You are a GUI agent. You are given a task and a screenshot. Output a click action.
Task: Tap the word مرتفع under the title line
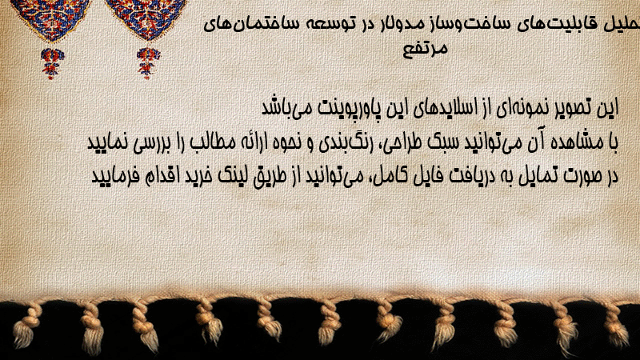pos(426,49)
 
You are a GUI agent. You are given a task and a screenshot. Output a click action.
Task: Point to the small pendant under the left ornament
pos(52,63)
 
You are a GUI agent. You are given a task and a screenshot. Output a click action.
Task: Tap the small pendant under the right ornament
pos(149,63)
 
